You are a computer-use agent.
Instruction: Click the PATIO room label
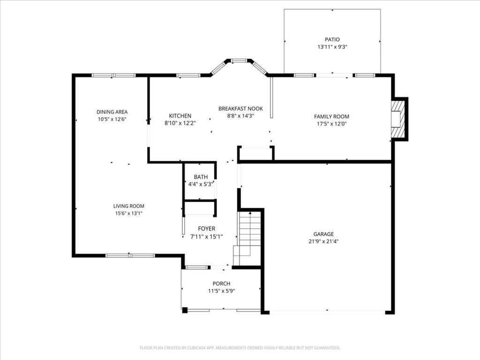[332, 39]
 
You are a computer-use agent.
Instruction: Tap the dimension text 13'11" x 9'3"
[332, 47]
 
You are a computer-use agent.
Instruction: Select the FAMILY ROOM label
[331, 116]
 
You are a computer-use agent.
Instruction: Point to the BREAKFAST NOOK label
[240, 108]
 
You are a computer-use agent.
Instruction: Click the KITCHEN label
[180, 116]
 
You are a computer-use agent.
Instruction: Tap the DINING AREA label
[112, 112]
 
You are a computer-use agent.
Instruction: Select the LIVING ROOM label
[128, 206]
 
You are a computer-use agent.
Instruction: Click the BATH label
[201, 177]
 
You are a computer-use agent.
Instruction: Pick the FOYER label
[206, 229]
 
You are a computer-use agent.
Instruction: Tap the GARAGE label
[323, 234]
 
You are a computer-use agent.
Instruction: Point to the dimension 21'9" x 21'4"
[323, 241]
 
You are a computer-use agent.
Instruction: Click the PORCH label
[221, 283]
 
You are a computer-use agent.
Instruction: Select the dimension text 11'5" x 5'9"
[221, 291]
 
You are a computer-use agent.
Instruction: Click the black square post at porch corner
[185, 309]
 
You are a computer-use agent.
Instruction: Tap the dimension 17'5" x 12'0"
[331, 124]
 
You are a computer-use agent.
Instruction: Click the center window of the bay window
[239, 60]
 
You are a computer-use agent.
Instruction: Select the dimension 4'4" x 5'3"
[201, 184]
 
